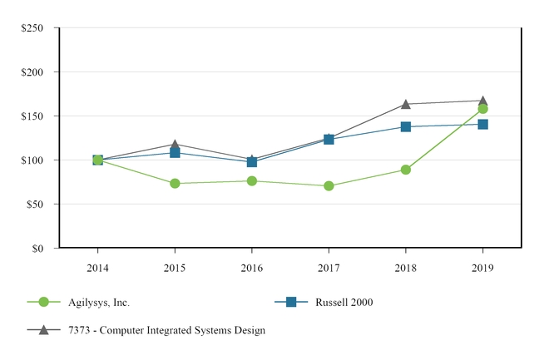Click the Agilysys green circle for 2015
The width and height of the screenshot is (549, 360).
(175, 183)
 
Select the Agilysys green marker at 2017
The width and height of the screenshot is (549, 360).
(329, 185)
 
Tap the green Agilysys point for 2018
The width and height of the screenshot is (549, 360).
(405, 170)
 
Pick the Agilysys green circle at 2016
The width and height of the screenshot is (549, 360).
(251, 180)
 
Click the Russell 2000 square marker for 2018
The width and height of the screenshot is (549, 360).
(405, 126)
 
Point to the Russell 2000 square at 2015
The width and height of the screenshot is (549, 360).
(175, 152)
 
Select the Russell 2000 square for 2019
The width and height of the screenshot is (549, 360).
(482, 124)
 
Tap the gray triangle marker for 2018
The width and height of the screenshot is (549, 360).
(405, 104)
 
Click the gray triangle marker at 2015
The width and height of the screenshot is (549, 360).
(175, 145)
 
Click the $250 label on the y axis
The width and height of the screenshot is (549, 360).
(32, 27)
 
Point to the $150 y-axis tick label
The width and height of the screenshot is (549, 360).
(32, 116)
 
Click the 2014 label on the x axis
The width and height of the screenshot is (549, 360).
(97, 267)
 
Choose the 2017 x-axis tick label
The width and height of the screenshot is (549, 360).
(329, 267)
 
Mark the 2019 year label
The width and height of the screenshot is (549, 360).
(482, 267)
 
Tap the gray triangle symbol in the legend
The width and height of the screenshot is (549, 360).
(43, 330)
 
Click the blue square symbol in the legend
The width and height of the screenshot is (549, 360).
(291, 303)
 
